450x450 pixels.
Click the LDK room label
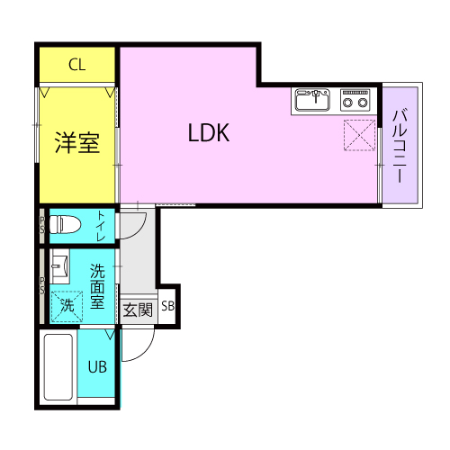pos(209,132)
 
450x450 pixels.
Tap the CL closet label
pos(77,65)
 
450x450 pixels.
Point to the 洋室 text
pos(77,143)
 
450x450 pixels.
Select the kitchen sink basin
pos(312,100)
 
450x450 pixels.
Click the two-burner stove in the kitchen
pos(355,100)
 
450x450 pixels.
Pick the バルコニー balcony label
pos(400,146)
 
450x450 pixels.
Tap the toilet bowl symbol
pos(65,224)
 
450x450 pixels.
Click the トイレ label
pos(101,226)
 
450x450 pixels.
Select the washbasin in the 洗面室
pos(59,266)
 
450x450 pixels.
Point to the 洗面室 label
pos(97,286)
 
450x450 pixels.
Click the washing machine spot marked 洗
pos(67,306)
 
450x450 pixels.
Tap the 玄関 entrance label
pos(138,310)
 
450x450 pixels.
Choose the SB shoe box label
pos(167,306)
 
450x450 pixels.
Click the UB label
pos(97,367)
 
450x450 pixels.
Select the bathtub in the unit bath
pos(58,367)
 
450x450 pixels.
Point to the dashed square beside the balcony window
pos(359,135)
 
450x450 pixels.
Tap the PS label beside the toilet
pos(42,225)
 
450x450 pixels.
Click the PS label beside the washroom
pos(42,285)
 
